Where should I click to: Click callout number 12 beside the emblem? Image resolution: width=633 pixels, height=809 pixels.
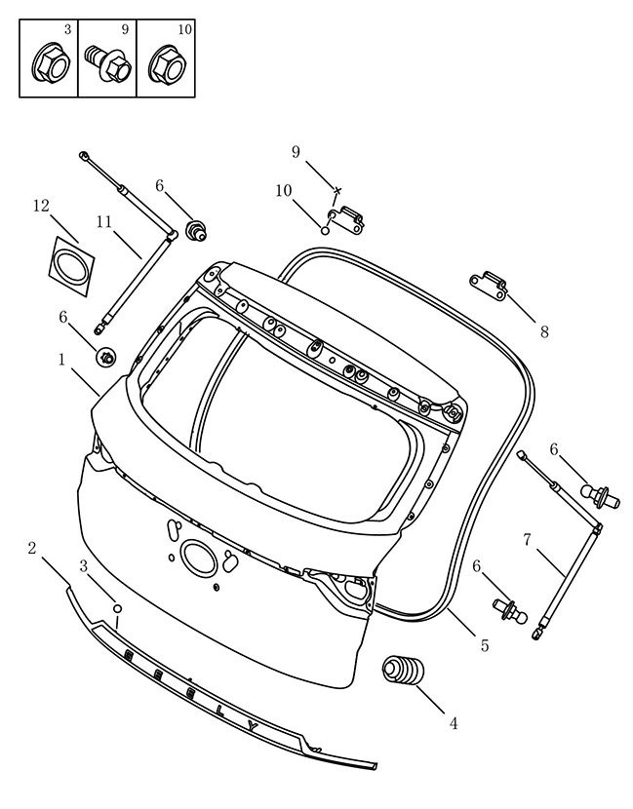[x=41, y=206]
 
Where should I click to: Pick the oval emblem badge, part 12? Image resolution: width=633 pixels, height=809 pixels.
[x=72, y=266]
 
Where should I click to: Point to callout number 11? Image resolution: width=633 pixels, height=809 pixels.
[x=103, y=222]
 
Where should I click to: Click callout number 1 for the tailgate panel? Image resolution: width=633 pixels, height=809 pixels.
[x=61, y=359]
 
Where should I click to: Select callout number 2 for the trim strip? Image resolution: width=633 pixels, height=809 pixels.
[x=32, y=548]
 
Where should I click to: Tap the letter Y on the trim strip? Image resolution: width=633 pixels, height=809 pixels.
[x=253, y=727]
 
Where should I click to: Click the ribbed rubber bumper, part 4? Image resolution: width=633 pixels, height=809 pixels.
[x=403, y=672]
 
